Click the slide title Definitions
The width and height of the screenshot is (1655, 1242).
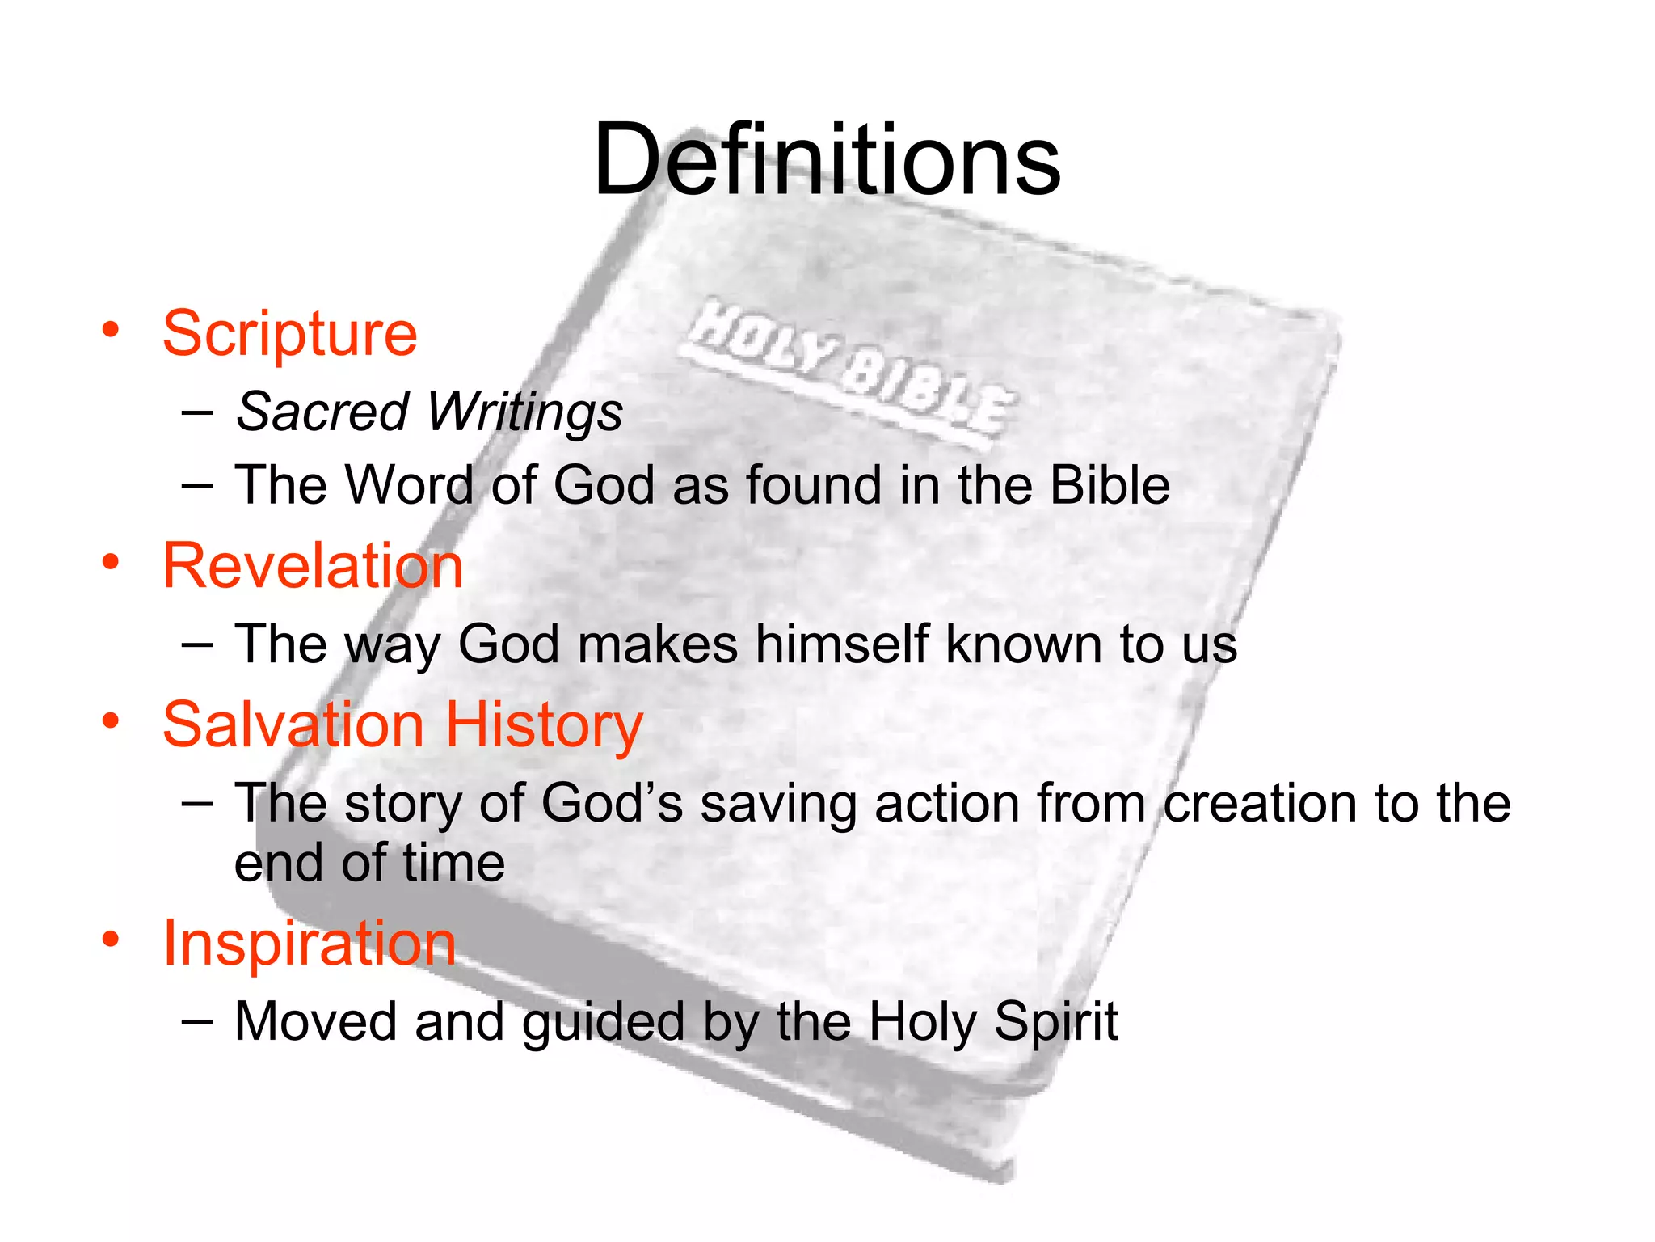tap(826, 159)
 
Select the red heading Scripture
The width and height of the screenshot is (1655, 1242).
tap(290, 333)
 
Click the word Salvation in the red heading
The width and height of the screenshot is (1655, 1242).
tap(293, 724)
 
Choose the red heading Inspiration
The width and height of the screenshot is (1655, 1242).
tap(310, 944)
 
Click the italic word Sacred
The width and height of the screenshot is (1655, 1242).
tap(322, 412)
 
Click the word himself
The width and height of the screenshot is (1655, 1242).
tap(841, 644)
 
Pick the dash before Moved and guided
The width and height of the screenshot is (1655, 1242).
tap(198, 1021)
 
